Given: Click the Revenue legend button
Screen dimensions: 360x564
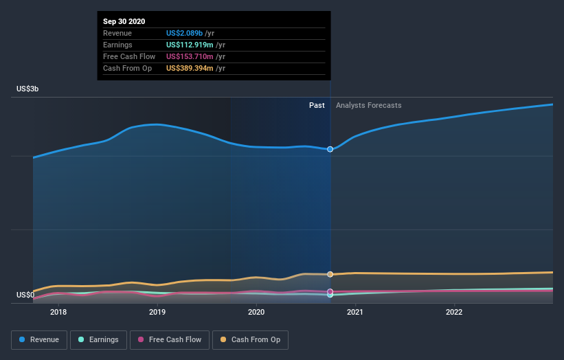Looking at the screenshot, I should (39, 339).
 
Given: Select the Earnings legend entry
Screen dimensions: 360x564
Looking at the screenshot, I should (99, 339).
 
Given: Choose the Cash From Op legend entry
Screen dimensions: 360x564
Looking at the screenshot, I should (251, 339).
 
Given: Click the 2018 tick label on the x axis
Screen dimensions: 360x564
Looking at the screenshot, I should (58, 312).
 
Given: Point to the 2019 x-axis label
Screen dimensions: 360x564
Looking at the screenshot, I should (157, 312).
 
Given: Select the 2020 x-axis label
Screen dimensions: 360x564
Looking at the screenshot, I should (256, 312).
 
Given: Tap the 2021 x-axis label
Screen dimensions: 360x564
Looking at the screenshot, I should (355, 312).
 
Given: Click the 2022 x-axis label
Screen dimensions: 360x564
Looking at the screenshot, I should (454, 312).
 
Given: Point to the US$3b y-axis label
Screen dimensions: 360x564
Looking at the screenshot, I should (27, 89).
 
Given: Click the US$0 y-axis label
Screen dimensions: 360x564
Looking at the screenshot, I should (25, 295).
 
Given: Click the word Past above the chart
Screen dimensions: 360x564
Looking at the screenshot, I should (317, 105).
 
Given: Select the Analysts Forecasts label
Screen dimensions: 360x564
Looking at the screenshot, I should (368, 105).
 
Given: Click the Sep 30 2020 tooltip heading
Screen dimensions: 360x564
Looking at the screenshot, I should (124, 22).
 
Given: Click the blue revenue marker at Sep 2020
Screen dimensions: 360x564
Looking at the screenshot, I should (330, 149).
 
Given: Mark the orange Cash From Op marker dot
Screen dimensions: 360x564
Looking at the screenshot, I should (330, 274).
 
